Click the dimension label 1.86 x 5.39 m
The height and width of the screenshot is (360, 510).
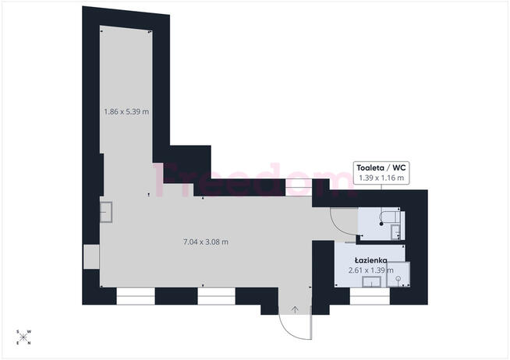coord(126,111)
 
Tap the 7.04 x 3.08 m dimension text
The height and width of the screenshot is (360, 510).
coord(206,242)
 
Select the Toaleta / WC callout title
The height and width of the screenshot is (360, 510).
coord(381,168)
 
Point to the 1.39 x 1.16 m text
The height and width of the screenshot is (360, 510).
coord(381,178)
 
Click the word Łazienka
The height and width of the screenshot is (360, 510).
coord(370,260)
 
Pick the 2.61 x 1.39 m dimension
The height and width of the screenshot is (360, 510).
coord(370,270)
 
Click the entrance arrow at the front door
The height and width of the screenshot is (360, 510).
coord(295,309)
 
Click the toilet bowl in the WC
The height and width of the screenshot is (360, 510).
coord(391,215)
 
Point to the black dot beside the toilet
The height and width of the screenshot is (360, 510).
coord(381,224)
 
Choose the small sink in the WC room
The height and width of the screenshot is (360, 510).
coord(395,232)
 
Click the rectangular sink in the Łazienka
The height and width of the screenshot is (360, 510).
coord(371,282)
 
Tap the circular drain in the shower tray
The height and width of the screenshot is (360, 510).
coord(398,278)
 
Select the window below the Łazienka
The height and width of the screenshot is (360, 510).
coord(370,295)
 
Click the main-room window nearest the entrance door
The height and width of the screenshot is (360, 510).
coord(216,295)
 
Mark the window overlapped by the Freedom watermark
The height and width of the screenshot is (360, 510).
coord(299,188)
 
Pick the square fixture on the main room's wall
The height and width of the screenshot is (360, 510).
coord(106,212)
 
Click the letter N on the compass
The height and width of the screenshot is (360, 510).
coord(29,343)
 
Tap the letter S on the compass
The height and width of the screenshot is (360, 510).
coord(18,332)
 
